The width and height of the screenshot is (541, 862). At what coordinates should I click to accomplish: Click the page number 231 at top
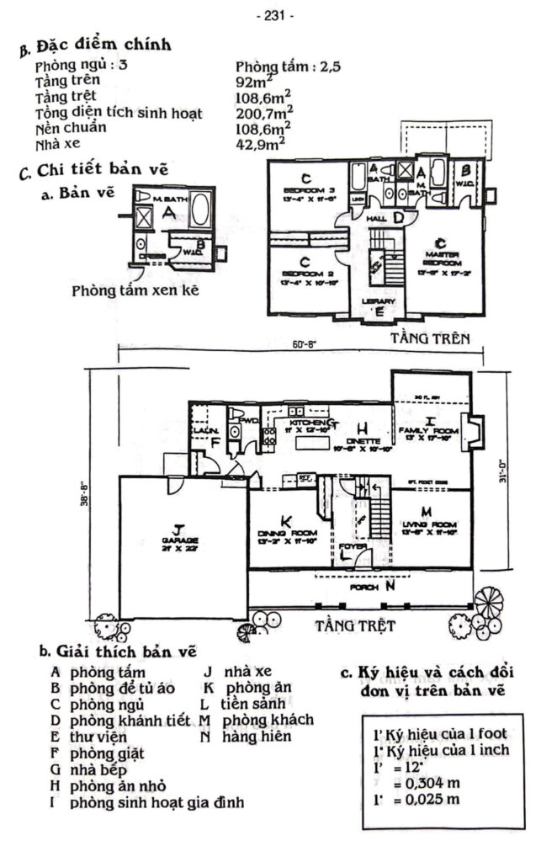pos(270,15)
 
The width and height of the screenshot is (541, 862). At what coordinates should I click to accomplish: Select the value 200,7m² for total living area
pos(264,109)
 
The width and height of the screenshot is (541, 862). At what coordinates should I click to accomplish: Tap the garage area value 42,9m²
pos(261,143)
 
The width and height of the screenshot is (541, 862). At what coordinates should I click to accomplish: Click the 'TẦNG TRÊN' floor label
pos(427,338)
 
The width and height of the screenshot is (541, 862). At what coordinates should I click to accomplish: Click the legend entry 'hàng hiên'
pos(257,737)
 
